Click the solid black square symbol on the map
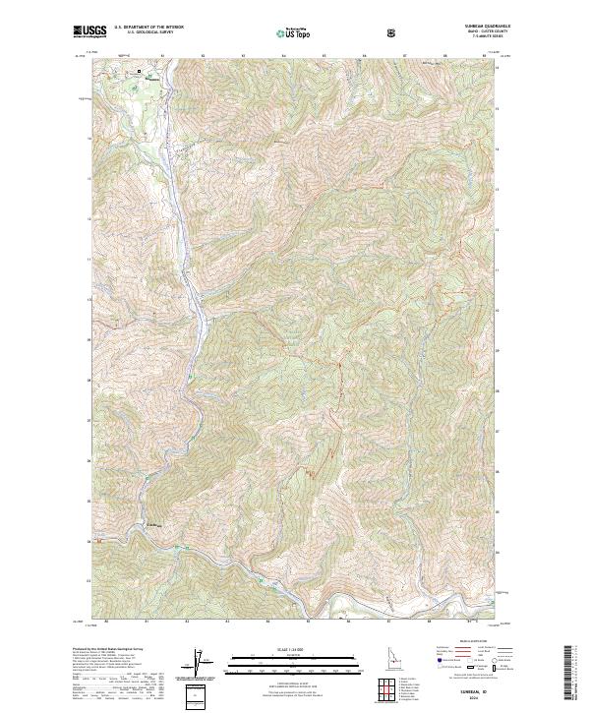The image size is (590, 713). coord(140,72)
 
